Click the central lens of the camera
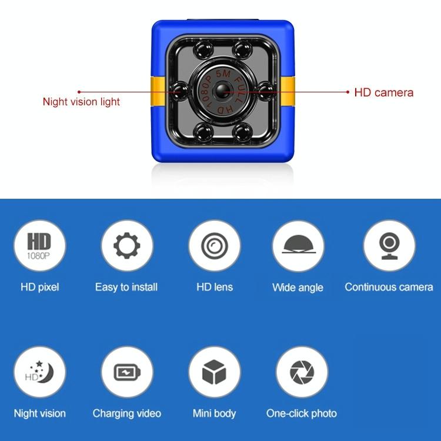point(222,91)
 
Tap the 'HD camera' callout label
point(383,92)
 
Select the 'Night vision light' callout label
point(81,102)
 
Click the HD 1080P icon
point(39,246)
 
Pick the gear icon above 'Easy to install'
point(127,246)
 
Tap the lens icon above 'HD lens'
point(215,246)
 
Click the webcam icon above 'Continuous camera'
point(389,246)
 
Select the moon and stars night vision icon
point(39,372)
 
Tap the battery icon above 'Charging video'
point(127,372)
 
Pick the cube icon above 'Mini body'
point(214,372)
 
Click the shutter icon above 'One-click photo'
point(302,372)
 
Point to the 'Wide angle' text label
point(298,288)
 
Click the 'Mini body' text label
point(214,414)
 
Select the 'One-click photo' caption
point(302,413)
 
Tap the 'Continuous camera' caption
point(389,287)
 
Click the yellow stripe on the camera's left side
point(158,91)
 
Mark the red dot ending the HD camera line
point(348,92)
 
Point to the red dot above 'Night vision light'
point(79,92)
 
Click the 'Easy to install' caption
point(126,287)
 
